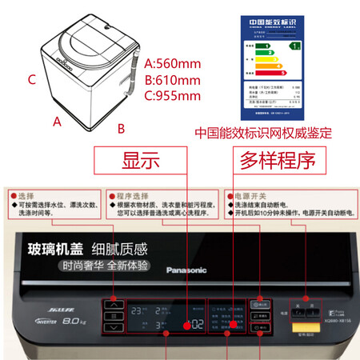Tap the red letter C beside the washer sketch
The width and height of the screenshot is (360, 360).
click(x=31, y=79)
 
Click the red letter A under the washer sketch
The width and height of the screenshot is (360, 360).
click(x=57, y=122)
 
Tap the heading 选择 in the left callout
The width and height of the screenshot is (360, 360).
click(x=26, y=194)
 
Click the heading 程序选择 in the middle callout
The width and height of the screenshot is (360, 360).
click(x=128, y=194)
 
